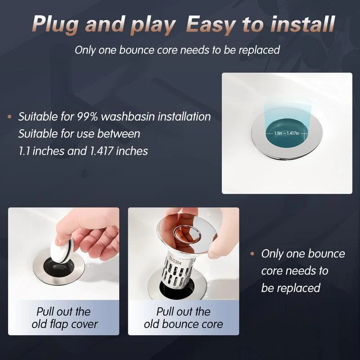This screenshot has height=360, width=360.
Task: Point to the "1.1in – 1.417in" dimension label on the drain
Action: [x=286, y=133]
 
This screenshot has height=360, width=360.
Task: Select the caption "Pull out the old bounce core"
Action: [x=183, y=318]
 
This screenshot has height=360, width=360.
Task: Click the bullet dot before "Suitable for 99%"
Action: [x=9, y=117]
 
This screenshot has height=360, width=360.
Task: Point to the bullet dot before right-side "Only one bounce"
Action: [x=253, y=254]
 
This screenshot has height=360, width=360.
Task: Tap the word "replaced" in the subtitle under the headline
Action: [x=258, y=50]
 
